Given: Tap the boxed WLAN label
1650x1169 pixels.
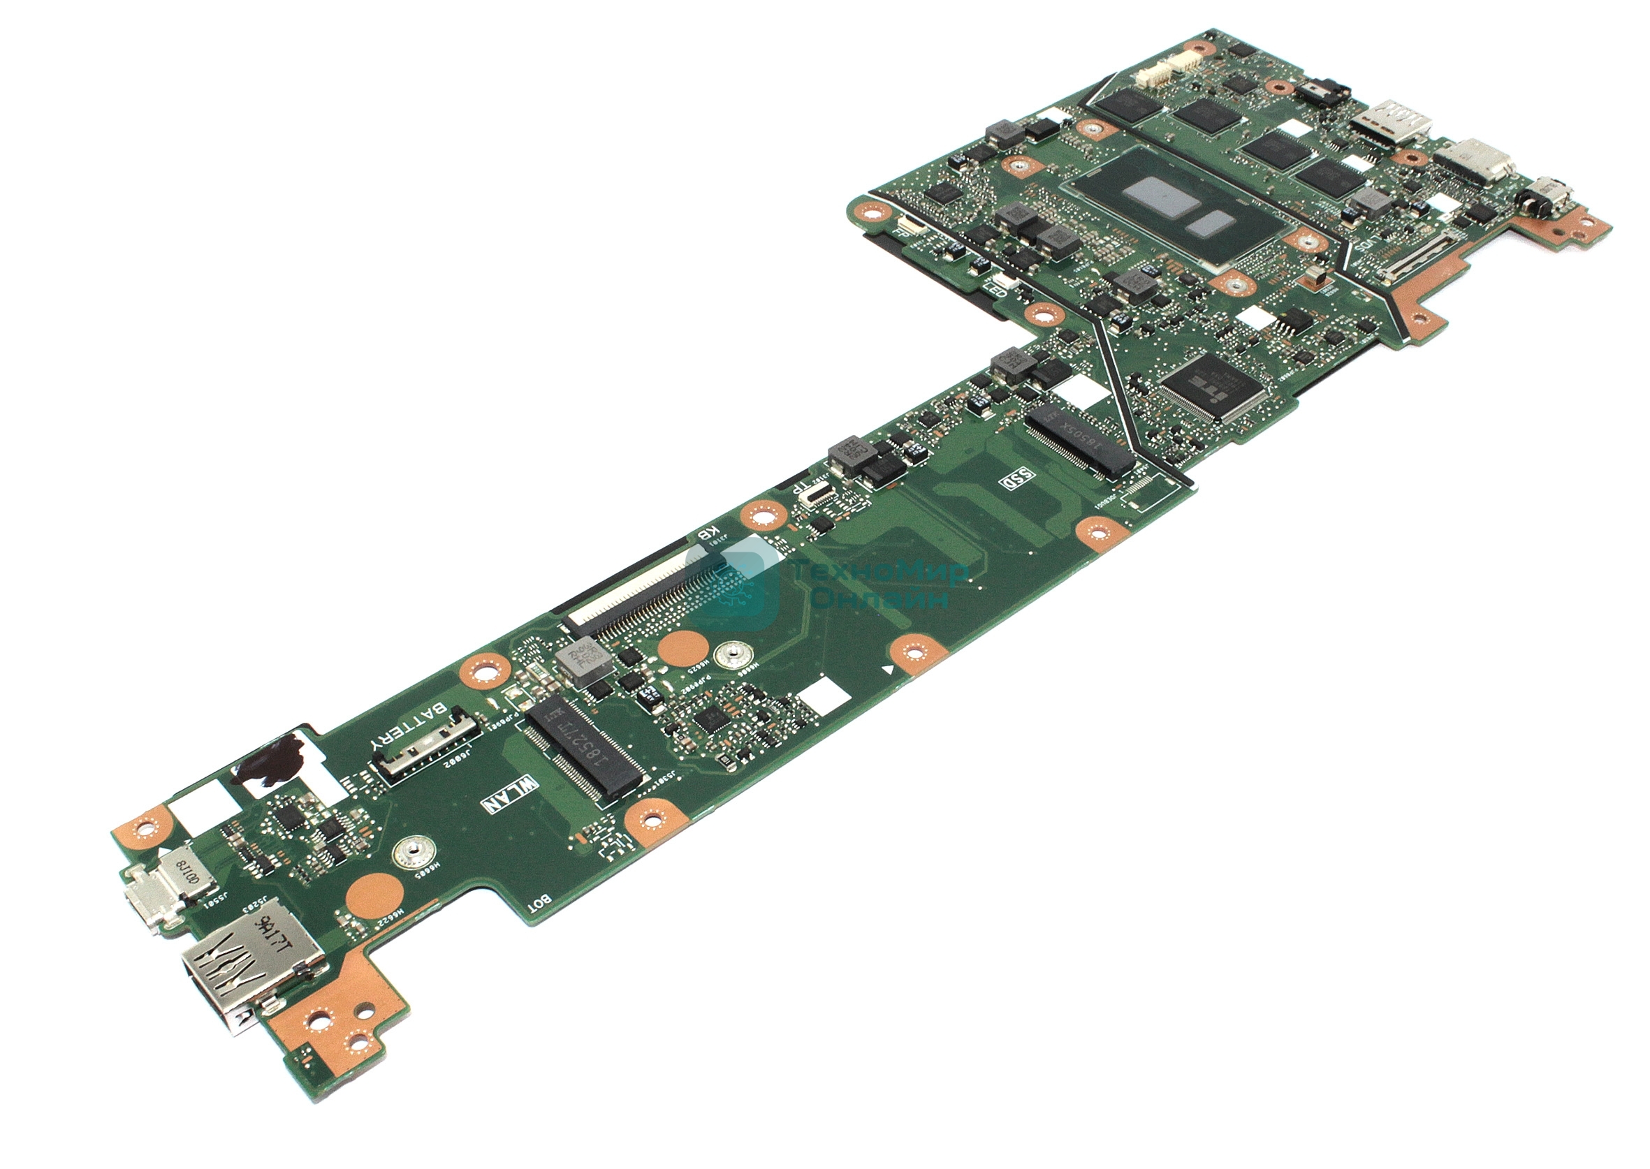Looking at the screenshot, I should tap(511, 794).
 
